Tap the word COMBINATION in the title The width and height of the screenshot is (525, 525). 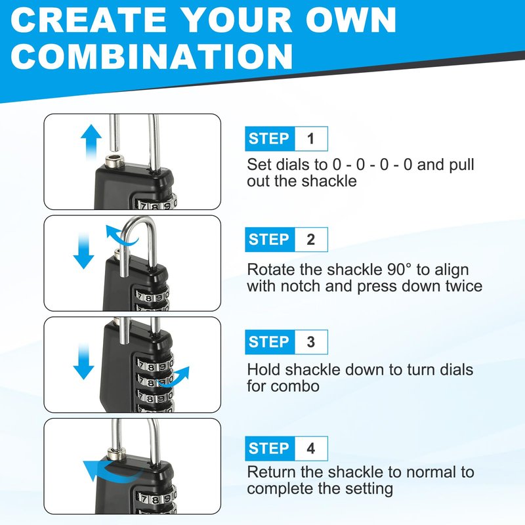click(152, 56)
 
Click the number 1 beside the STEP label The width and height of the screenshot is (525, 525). click(310, 138)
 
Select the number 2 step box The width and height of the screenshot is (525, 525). click(310, 240)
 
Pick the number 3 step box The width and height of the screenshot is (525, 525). click(310, 342)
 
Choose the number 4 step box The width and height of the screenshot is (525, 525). click(310, 448)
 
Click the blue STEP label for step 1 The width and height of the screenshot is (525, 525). click(270, 138)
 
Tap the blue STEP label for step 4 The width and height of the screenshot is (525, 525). click(270, 448)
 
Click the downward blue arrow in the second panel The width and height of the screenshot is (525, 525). click(84, 251)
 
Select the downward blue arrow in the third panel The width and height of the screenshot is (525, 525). click(84, 362)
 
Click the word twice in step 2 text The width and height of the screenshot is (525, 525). click(464, 286)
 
